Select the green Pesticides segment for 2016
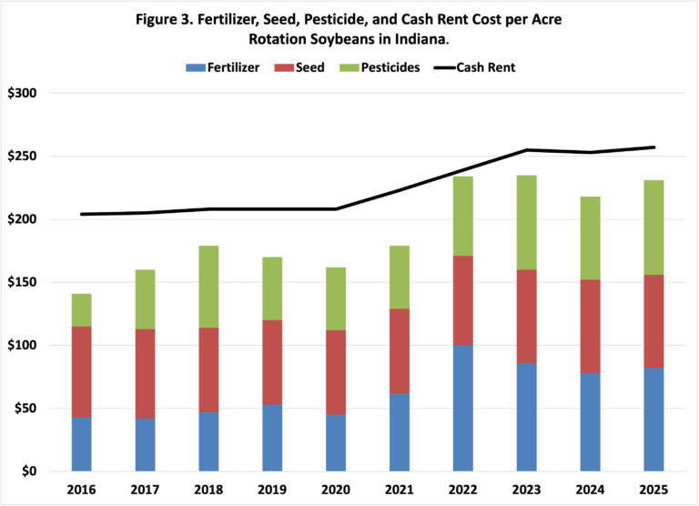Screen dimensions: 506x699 (82, 309)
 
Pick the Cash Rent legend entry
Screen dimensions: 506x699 (472, 66)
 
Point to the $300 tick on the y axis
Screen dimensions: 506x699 (22, 94)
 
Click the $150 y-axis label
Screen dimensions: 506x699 (22, 282)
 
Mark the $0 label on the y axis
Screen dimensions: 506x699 (28, 471)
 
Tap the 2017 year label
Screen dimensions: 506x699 (145, 491)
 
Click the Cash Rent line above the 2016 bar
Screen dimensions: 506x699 (82, 214)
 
